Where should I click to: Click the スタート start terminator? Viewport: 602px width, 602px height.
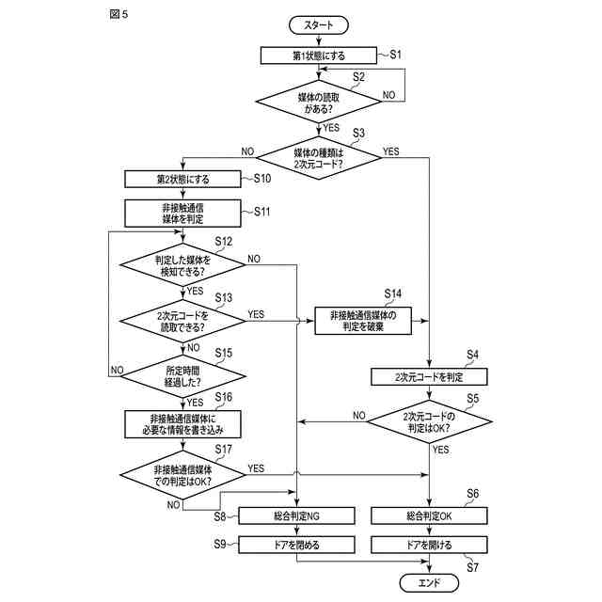pyautogui.click(x=318, y=25)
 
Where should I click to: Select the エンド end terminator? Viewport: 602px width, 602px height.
pyautogui.click(x=429, y=583)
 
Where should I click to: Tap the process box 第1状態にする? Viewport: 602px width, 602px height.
pyautogui.click(x=318, y=55)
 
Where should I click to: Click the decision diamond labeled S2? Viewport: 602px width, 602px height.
pyautogui.click(x=318, y=102)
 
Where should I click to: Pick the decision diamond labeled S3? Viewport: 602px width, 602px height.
pyautogui.click(x=318, y=158)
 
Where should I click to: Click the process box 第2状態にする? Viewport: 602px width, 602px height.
pyautogui.click(x=182, y=180)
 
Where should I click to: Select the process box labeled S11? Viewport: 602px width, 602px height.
pyautogui.click(x=182, y=214)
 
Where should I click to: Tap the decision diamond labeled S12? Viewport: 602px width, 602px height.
pyautogui.click(x=182, y=265)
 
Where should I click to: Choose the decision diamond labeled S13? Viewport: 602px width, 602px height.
pyautogui.click(x=182, y=321)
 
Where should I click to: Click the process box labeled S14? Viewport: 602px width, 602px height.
pyautogui.click(x=363, y=321)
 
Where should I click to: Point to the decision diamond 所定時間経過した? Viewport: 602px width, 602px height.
pyautogui.click(x=182, y=376)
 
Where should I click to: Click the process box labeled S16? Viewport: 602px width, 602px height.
pyautogui.click(x=182, y=424)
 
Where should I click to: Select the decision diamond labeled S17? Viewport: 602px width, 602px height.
pyautogui.click(x=182, y=475)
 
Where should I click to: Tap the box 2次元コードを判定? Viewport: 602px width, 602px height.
pyautogui.click(x=429, y=377)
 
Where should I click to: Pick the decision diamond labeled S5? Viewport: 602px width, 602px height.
pyautogui.click(x=429, y=421)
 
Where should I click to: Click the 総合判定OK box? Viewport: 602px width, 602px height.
pyautogui.click(x=429, y=516)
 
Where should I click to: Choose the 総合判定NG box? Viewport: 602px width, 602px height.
pyautogui.click(x=296, y=516)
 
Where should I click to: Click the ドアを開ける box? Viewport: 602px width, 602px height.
pyautogui.click(x=429, y=545)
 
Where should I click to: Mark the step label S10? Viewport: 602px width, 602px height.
pyautogui.click(x=262, y=179)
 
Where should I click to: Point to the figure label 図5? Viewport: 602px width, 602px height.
pyautogui.click(x=119, y=14)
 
